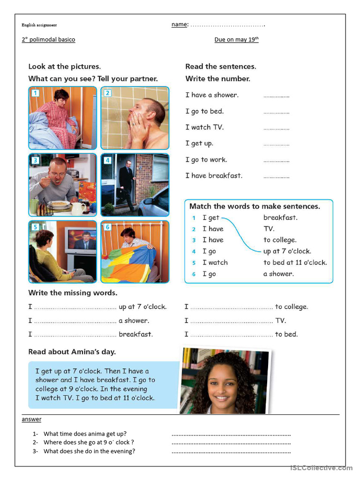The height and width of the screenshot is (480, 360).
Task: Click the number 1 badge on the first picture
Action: coord(35,93)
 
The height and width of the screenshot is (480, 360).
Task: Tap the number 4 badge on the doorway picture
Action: coord(107,160)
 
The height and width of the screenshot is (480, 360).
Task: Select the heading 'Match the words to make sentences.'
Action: coord(255,206)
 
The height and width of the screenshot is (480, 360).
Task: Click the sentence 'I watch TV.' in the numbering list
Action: coord(204,127)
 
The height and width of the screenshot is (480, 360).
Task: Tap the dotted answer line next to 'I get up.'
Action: coord(276,144)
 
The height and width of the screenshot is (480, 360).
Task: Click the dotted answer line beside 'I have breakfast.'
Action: coord(276,176)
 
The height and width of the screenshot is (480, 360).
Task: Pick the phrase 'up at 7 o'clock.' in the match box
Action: coord(287,251)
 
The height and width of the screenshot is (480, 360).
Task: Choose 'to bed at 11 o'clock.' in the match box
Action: coord(295,262)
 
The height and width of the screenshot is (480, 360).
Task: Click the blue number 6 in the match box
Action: coord(194,274)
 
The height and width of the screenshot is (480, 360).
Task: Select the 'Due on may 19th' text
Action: coord(236,40)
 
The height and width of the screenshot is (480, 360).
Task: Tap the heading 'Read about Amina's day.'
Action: coord(72,352)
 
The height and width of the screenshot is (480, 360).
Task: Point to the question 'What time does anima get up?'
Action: coord(85,434)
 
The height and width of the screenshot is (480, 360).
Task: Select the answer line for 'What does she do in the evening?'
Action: coord(231,452)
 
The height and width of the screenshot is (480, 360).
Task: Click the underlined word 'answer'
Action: coord(31,419)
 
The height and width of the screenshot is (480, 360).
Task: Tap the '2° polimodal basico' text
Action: coord(48,40)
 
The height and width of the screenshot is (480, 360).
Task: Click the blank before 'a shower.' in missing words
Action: coord(75,321)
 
